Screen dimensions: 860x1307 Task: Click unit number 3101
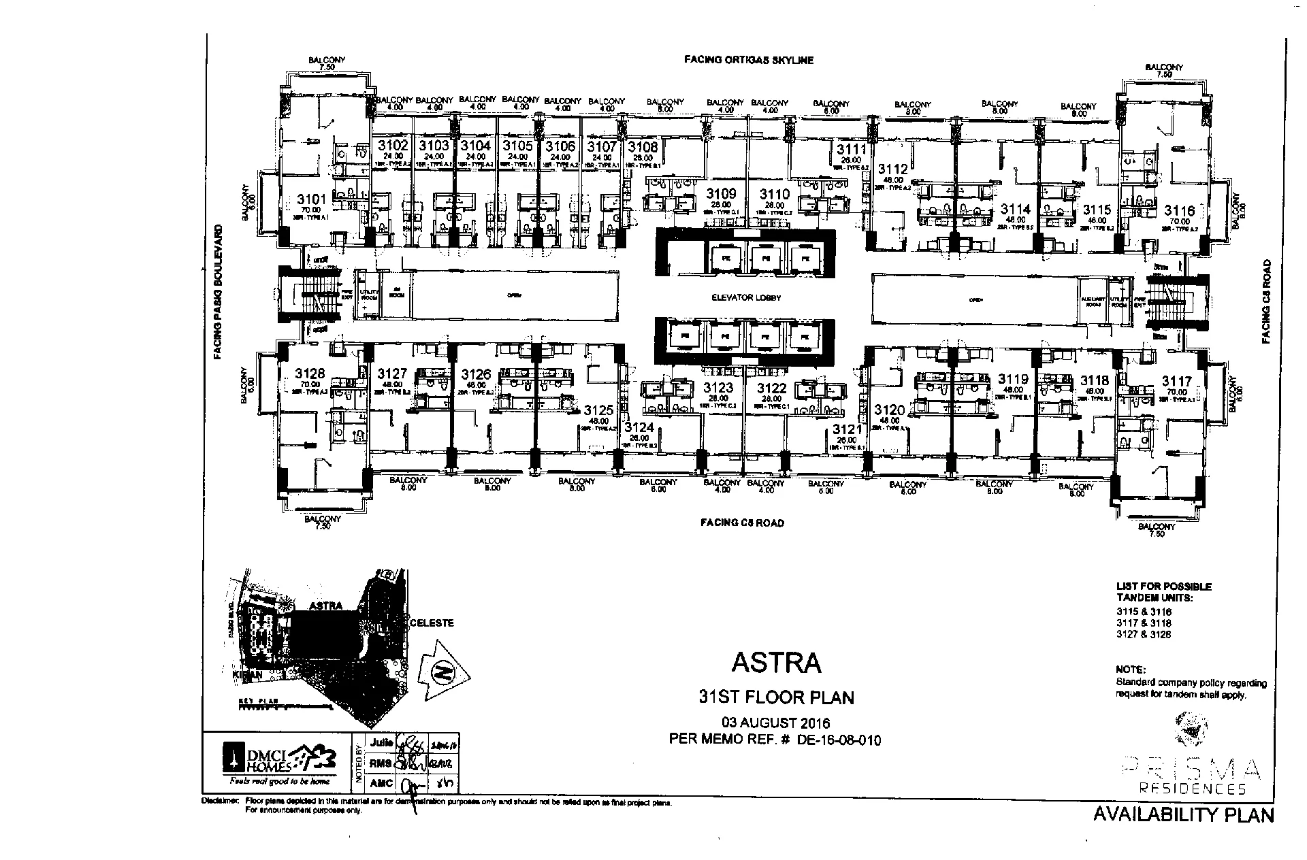point(312,199)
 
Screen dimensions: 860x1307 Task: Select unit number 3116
point(1179,211)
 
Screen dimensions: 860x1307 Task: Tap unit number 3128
point(310,374)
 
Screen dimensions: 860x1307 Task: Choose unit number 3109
point(721,194)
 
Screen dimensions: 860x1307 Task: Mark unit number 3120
point(890,410)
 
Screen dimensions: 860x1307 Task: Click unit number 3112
point(893,169)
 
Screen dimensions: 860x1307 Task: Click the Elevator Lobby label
point(746,297)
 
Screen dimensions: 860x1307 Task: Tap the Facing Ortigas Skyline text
point(748,60)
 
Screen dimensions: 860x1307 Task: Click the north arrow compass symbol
point(443,672)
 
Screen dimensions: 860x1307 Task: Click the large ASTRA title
point(776,662)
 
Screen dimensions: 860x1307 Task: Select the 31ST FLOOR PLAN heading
point(776,697)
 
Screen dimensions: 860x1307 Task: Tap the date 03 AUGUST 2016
point(776,723)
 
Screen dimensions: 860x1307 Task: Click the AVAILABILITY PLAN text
point(1183,814)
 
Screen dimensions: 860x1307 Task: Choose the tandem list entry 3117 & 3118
point(1144,623)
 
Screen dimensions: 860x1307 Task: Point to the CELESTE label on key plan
point(432,623)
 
